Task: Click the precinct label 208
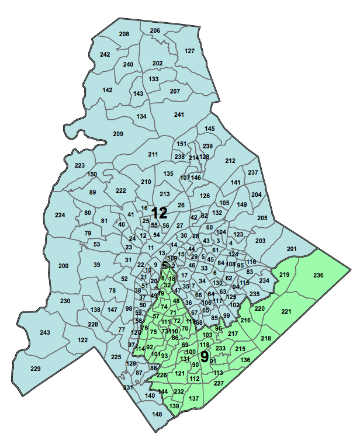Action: [124, 34]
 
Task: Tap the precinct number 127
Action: [189, 51]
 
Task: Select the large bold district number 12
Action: [160, 213]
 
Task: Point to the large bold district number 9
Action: [205, 357]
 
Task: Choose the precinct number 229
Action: [36, 368]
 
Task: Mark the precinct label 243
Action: [45, 332]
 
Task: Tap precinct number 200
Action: [64, 266]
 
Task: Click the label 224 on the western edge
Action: [60, 216]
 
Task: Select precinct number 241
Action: [179, 114]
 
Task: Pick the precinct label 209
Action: [118, 134]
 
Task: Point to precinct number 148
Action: [157, 415]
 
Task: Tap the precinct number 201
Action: [291, 249]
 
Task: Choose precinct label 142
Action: [108, 90]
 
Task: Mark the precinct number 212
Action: [230, 160]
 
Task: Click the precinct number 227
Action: [219, 383]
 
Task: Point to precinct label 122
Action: [82, 340]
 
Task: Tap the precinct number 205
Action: [262, 218]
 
